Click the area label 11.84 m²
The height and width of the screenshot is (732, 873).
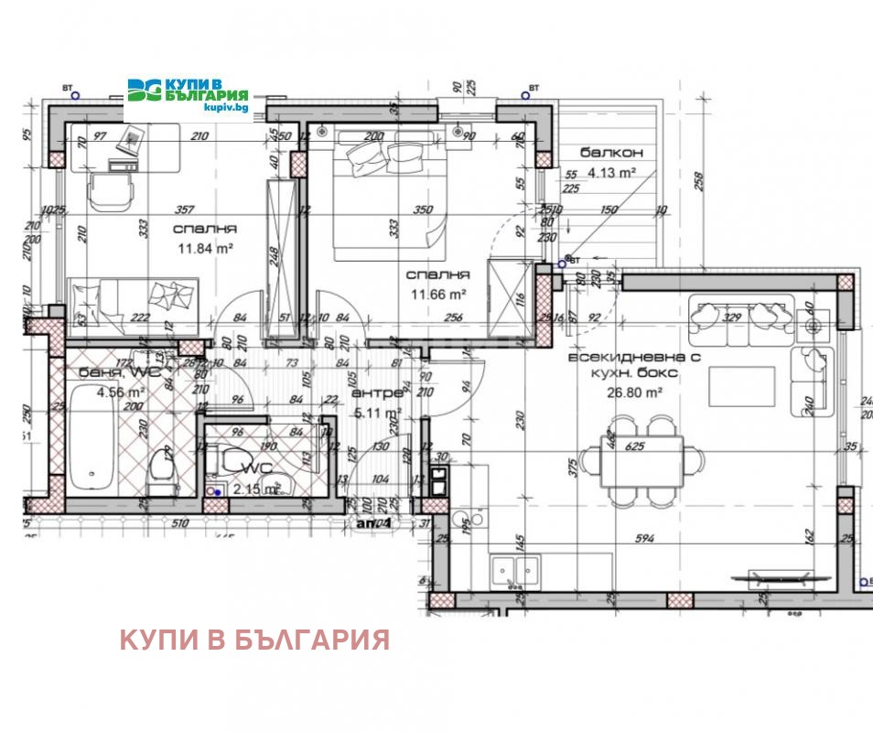207,247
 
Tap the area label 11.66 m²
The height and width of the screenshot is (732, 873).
437,294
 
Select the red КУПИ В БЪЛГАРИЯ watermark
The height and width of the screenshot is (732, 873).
254,639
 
